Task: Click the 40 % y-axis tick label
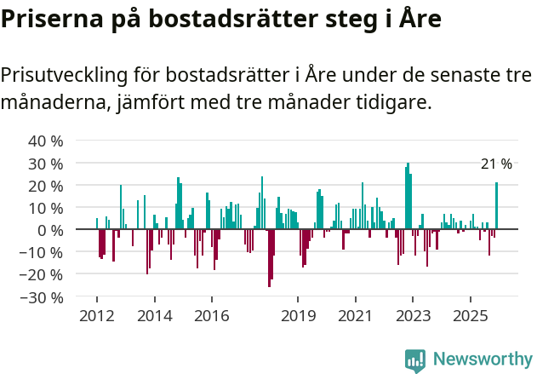pos(46,141)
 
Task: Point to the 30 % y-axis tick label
pos(46,163)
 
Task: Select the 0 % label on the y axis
pos(50,230)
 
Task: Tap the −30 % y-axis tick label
pos(43,297)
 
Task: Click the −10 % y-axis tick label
pos(43,252)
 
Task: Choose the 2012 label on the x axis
pos(96,315)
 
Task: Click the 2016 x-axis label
pos(211,315)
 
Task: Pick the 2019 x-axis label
pos(298,315)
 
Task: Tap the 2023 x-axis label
pos(413,315)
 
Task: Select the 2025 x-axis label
pos(471,315)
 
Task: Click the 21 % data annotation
pos(496,164)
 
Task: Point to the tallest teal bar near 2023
pos(408,196)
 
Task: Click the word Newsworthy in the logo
pos(482,360)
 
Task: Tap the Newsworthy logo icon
pos(415,360)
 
